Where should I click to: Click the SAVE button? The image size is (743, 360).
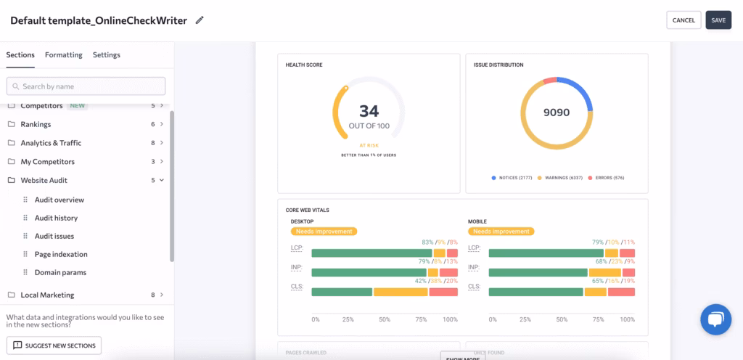point(718,20)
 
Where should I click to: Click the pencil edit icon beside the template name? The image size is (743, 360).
point(200,20)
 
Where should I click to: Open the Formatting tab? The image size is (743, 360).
point(64,55)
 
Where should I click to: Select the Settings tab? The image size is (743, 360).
point(107,55)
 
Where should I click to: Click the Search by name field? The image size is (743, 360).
point(86,86)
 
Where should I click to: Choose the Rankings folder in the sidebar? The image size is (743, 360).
point(36,124)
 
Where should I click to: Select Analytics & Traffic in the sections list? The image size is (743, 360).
point(51,143)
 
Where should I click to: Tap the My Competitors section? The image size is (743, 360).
point(47,162)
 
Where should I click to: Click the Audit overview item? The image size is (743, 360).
point(59,200)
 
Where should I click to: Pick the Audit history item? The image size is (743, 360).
point(56,218)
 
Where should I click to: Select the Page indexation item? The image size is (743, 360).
point(61,254)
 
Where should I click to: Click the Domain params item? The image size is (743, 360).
point(60,272)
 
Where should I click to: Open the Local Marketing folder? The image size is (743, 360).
point(47,295)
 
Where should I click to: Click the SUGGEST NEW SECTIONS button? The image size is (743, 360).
point(54,345)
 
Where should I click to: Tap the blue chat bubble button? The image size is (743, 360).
point(715,319)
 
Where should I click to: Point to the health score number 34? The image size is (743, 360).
point(369,111)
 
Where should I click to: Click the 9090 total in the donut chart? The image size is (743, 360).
point(557,112)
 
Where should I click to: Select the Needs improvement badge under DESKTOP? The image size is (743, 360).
point(324,232)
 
